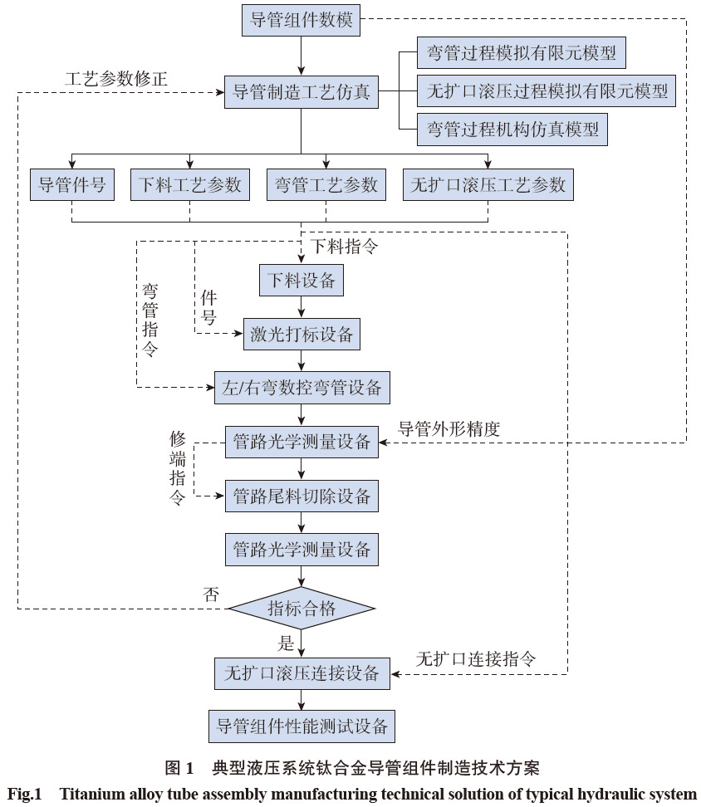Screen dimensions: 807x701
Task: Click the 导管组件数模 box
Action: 301,19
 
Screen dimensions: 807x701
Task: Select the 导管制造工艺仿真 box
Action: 301,91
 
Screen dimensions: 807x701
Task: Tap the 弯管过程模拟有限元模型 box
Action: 521,54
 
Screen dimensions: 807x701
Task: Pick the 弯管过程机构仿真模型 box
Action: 512,129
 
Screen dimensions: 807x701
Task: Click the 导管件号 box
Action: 71,184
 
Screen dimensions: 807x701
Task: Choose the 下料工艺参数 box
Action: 190,184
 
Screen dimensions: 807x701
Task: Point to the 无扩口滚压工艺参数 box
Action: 488,184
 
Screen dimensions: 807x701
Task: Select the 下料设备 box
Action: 301,281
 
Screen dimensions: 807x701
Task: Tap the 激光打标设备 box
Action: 301,335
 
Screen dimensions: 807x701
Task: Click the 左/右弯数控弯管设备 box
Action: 301,388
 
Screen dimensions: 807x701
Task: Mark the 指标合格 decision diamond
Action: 301,609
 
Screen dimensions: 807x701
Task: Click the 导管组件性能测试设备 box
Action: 301,725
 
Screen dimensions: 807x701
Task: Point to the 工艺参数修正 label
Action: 117,79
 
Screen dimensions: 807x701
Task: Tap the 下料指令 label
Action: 344,247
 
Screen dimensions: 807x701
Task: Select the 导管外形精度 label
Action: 449,428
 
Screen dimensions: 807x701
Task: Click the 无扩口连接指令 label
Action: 476,659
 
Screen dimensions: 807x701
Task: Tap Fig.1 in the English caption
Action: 24,793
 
